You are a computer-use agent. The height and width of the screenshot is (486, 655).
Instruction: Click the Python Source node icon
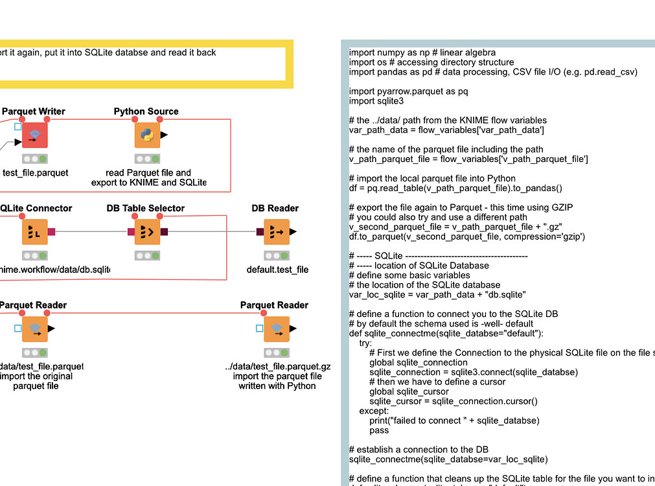tap(147, 135)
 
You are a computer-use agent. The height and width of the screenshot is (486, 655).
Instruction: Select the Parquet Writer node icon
tap(34, 135)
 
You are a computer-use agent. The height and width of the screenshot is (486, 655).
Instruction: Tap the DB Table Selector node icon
tap(147, 231)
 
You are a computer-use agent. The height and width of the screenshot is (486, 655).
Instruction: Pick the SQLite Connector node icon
tap(34, 231)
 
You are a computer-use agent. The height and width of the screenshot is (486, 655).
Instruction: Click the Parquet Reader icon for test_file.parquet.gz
tap(277, 329)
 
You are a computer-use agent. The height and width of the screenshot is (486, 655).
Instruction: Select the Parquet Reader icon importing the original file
tap(34, 329)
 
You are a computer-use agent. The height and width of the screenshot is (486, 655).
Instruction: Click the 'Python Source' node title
tap(146, 111)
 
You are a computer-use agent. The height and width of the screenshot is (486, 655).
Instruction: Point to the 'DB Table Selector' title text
tap(146, 208)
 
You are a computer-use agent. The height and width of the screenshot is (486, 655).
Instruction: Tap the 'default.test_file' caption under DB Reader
tap(277, 270)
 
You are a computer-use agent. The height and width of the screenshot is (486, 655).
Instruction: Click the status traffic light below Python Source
tap(147, 159)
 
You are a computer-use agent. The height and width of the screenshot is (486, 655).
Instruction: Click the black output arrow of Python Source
tap(164, 135)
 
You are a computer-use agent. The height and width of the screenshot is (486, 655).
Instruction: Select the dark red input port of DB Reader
tap(260, 231)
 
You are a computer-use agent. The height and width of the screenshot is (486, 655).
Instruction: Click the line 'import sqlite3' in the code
tap(376, 101)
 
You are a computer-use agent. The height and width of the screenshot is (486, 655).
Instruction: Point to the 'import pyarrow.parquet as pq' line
tap(408, 91)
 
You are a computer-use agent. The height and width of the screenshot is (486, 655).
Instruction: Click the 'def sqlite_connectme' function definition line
tap(446, 333)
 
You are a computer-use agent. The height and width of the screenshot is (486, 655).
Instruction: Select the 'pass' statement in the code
tap(379, 430)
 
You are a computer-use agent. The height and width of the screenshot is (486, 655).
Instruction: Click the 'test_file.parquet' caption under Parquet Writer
tap(35, 173)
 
